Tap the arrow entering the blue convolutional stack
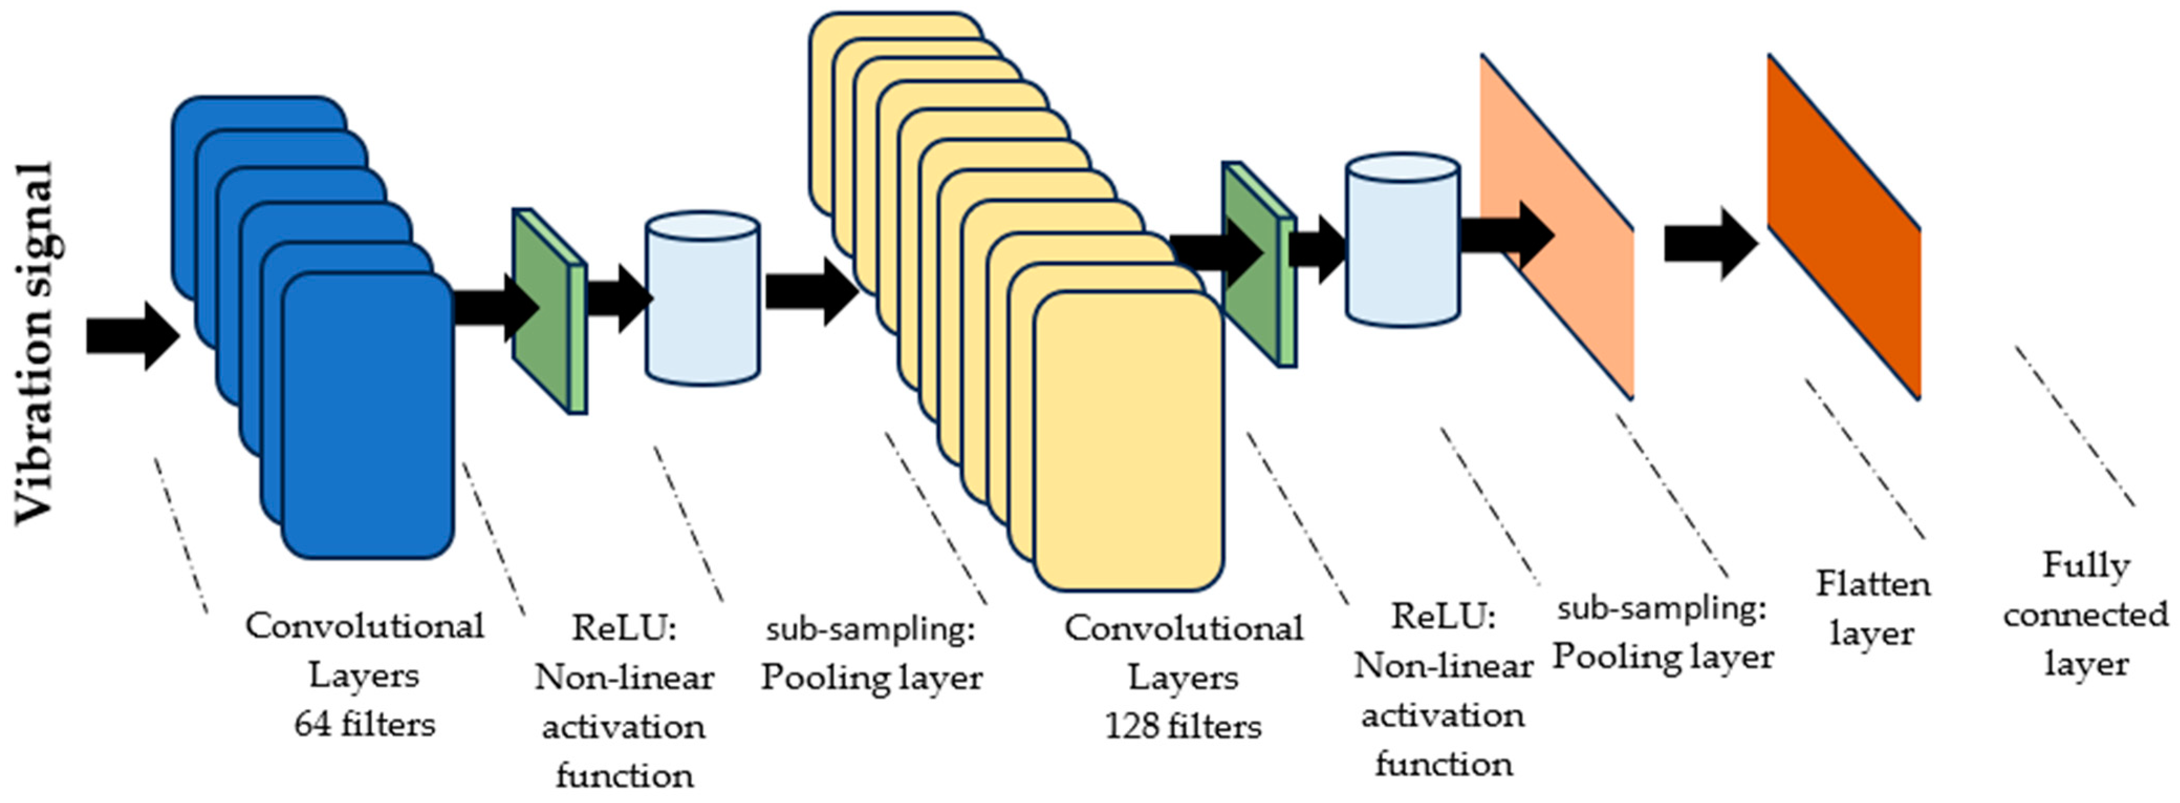[x=133, y=336]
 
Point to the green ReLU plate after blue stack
[x=549, y=310]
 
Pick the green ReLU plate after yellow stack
[x=1259, y=264]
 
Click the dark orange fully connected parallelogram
[x=1843, y=227]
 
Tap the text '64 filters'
[x=365, y=724]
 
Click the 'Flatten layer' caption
[x=1873, y=607]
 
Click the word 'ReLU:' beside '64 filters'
[x=625, y=628]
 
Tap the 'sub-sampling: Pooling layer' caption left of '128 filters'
[x=872, y=653]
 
